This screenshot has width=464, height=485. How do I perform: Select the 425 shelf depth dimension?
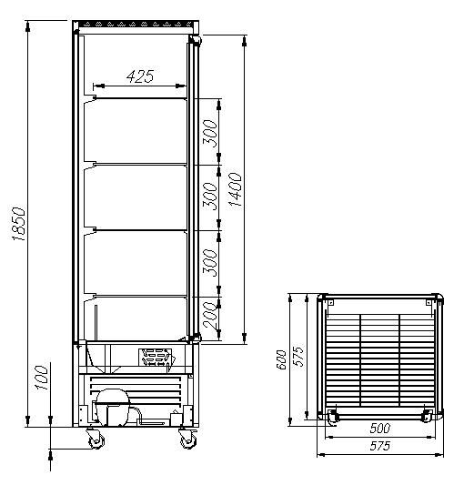click(138, 76)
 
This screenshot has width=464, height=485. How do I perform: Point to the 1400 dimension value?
click(235, 188)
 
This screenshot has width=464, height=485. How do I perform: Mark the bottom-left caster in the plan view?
click(333, 417)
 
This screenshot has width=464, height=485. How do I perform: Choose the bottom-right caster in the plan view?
click(427, 417)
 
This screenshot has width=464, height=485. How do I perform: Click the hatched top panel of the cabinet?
click(135, 21)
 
